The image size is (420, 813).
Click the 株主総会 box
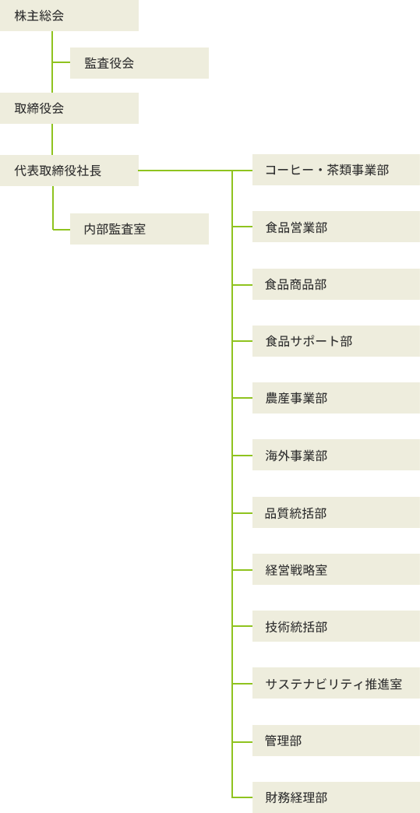[x=69, y=16]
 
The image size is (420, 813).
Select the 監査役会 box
[x=139, y=63]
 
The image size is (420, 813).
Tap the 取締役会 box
[x=69, y=108]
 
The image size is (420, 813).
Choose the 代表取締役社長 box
[x=69, y=171]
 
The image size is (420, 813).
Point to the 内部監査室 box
[x=139, y=229]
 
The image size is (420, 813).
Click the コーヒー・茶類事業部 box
[x=336, y=170]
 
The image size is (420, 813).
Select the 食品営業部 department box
[x=336, y=227]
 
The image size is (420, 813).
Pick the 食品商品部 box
[x=336, y=284]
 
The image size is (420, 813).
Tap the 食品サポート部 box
[x=336, y=341]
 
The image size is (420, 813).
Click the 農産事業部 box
[x=336, y=398]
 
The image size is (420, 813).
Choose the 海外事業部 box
[x=336, y=456]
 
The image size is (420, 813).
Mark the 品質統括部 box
[x=336, y=512]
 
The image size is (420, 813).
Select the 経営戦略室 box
[x=336, y=569]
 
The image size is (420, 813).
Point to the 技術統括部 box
[x=336, y=626]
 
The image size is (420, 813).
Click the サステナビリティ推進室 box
[x=336, y=684]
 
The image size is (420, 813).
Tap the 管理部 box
[x=336, y=741]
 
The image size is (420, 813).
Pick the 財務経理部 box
[x=336, y=797]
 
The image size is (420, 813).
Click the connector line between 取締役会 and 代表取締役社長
[x=52, y=139]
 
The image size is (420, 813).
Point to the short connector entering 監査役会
[x=62, y=63]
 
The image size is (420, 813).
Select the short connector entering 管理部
[x=242, y=741]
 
